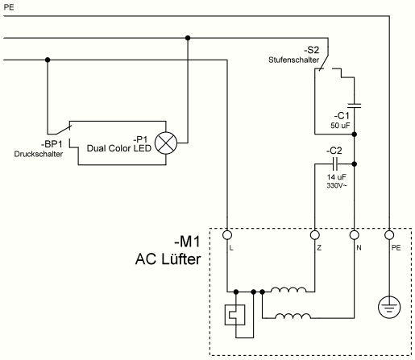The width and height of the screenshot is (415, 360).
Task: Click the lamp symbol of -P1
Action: (166, 143)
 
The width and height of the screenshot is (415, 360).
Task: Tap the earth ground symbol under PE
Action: (389, 307)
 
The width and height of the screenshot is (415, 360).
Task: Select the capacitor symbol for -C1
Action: (355, 106)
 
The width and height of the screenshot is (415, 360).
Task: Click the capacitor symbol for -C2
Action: (335, 163)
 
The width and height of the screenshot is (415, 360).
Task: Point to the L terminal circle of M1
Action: (227, 235)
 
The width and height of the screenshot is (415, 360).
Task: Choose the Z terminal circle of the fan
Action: (315, 235)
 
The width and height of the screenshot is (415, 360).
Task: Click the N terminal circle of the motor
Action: (355, 235)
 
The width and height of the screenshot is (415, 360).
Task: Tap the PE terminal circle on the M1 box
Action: (389, 235)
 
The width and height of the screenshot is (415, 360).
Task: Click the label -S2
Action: (312, 50)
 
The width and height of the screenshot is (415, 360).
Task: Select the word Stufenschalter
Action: (293, 60)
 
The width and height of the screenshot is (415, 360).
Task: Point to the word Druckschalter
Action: (39, 154)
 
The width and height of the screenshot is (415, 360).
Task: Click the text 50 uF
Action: (340, 126)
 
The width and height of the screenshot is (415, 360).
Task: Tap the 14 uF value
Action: (337, 177)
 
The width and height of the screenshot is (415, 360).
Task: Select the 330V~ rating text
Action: (337, 185)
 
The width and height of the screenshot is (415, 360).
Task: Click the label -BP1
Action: (52, 144)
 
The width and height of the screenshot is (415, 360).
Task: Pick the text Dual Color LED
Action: (119, 148)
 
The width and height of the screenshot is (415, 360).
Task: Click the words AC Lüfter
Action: (168, 259)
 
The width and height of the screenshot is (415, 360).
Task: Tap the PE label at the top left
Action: (9, 7)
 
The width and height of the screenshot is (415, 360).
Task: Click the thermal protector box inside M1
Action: (234, 315)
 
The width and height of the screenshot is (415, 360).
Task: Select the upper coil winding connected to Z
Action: (288, 290)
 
